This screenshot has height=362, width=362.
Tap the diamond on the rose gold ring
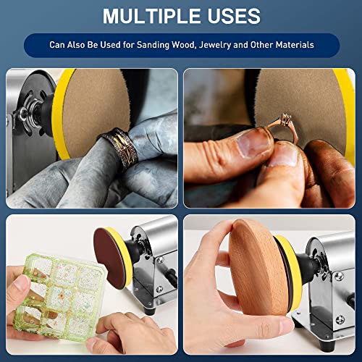click(x=286, y=118)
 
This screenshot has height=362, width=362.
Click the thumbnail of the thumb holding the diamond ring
click(x=253, y=144)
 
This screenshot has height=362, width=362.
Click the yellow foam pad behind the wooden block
click(x=289, y=270)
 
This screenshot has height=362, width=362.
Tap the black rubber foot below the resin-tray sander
click(x=149, y=311)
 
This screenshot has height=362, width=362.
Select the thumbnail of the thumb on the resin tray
click(x=21, y=283)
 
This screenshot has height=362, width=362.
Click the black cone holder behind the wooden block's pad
click(x=306, y=267)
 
